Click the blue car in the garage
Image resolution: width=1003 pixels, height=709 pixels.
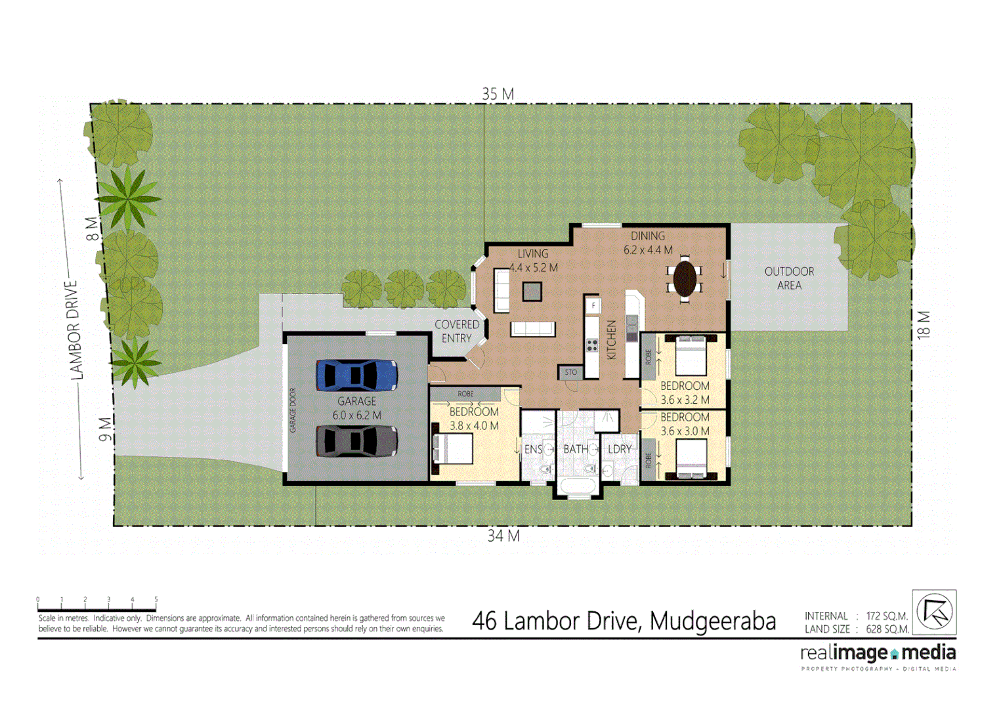click(x=356, y=376)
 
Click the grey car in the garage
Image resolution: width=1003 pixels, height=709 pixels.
click(x=356, y=441)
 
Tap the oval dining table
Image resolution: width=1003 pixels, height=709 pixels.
click(x=685, y=278)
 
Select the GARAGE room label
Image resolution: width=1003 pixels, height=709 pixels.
click(x=356, y=401)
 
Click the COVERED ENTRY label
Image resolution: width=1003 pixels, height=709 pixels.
click(x=457, y=331)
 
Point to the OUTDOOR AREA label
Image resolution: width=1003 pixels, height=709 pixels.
click(x=789, y=278)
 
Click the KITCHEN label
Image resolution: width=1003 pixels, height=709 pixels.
click(x=612, y=339)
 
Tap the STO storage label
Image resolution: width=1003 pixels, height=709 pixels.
click(x=571, y=372)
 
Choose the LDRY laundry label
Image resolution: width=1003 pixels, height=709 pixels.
click(x=620, y=449)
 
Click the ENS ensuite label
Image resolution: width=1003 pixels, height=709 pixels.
click(x=533, y=449)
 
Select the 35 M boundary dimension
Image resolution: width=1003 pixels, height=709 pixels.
click(x=498, y=94)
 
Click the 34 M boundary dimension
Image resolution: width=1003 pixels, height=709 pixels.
click(x=503, y=536)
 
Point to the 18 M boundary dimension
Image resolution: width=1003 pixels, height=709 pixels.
click(x=924, y=324)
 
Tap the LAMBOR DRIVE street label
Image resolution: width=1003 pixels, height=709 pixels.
click(x=76, y=330)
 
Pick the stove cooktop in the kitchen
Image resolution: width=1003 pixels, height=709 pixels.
click(x=592, y=345)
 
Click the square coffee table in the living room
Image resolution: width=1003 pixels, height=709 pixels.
click(x=532, y=291)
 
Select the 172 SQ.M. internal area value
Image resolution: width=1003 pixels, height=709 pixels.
click(x=887, y=616)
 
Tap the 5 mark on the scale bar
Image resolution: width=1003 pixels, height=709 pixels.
click(x=156, y=599)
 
